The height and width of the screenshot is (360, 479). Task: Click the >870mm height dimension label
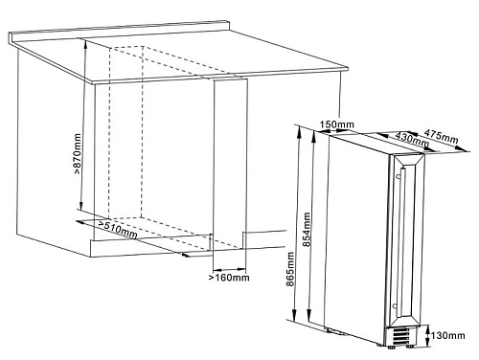(78, 154)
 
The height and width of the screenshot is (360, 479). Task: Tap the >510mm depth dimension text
(118, 229)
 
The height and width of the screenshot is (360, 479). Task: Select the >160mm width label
(229, 278)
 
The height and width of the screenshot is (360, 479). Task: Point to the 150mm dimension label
(337, 124)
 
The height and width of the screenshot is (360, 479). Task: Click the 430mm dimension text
(412, 139)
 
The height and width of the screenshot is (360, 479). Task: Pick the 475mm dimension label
(441, 136)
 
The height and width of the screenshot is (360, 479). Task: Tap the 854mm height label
(307, 230)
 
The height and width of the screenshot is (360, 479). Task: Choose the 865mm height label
(290, 269)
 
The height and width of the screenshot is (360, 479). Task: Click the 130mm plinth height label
(447, 335)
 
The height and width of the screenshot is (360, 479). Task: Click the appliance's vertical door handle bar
(402, 242)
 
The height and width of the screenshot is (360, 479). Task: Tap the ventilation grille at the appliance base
(401, 336)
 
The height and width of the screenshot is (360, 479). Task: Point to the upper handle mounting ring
(398, 176)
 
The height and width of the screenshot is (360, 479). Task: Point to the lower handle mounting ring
(395, 306)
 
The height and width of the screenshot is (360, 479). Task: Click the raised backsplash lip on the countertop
(119, 31)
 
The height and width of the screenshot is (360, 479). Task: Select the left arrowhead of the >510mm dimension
(80, 222)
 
